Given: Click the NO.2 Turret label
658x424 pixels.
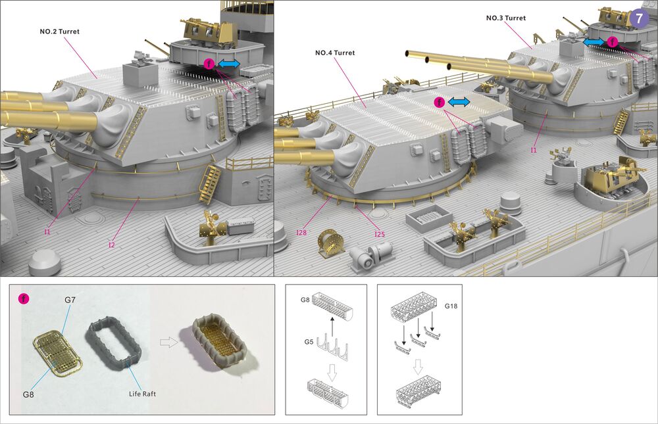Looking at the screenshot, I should pyautogui.click(x=63, y=31).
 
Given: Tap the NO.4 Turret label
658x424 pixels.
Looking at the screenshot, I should pyautogui.click(x=335, y=53).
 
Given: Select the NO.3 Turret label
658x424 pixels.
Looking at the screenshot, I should pyautogui.click(x=506, y=18).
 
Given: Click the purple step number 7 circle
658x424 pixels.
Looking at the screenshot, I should pyautogui.click(x=640, y=18).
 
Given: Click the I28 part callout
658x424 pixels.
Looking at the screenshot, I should pyautogui.click(x=301, y=233).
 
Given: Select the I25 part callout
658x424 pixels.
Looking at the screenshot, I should pyautogui.click(x=378, y=233).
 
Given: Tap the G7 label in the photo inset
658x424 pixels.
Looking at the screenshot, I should pyautogui.click(x=70, y=300).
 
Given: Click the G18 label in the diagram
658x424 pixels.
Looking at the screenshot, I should pyautogui.click(x=451, y=306).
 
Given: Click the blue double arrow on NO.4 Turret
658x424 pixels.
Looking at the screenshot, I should pyautogui.click(x=459, y=102).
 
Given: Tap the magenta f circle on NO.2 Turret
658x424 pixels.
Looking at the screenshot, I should pyautogui.click(x=209, y=64).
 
